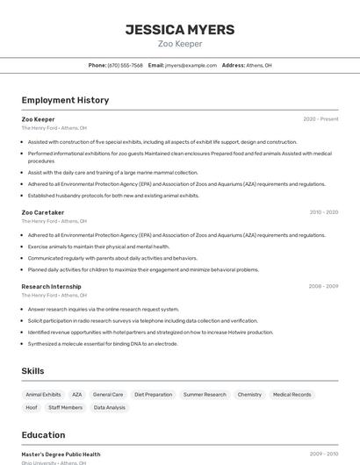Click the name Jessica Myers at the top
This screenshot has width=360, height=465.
(x=180, y=30)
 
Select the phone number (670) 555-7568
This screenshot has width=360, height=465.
(x=125, y=65)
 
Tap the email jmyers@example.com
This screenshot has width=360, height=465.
(x=191, y=65)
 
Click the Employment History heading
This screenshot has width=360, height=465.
(x=65, y=100)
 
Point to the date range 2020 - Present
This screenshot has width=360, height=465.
(x=320, y=119)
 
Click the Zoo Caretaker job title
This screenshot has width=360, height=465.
(x=43, y=212)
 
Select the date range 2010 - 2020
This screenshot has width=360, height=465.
(x=323, y=212)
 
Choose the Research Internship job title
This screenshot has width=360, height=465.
(x=51, y=286)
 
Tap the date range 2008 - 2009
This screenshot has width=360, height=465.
(x=323, y=286)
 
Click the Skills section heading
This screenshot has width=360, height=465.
(x=32, y=371)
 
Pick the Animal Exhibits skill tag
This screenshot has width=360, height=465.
(x=43, y=395)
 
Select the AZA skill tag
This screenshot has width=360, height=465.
(x=77, y=395)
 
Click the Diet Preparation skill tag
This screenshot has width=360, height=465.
(x=153, y=395)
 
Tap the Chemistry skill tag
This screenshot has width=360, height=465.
(x=249, y=395)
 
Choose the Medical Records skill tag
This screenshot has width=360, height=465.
(x=292, y=395)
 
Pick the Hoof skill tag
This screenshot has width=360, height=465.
(x=32, y=408)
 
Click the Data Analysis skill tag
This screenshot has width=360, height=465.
(x=110, y=408)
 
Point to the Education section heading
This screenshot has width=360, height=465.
(x=43, y=435)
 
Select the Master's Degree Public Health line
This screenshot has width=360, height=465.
(x=61, y=454)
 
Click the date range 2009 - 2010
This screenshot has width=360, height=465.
(x=323, y=454)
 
